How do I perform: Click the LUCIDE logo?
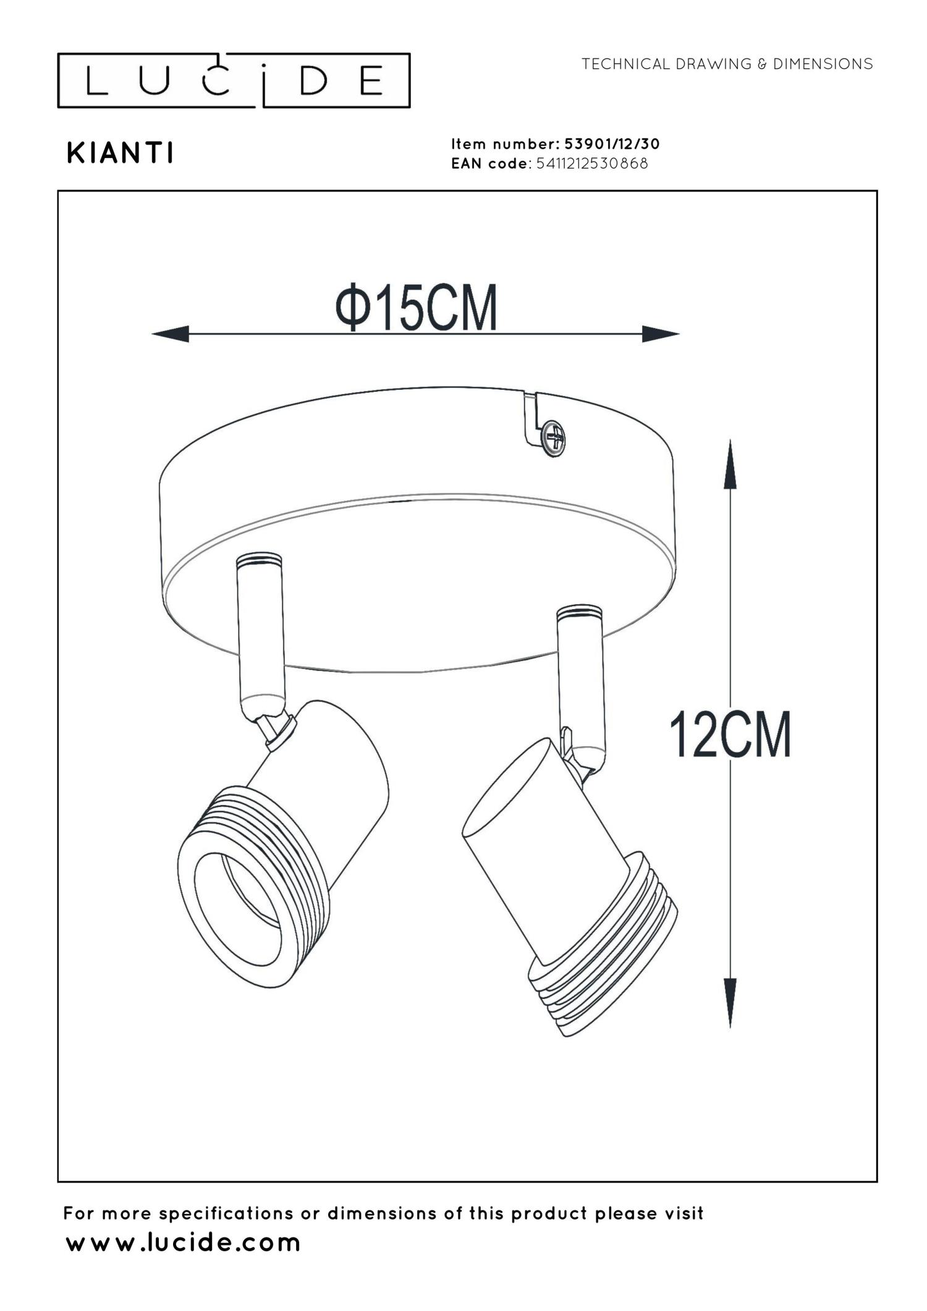(234, 80)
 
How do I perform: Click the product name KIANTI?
(120, 153)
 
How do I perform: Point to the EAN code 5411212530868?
(592, 164)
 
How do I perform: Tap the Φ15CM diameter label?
(416, 307)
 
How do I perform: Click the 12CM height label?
(730, 735)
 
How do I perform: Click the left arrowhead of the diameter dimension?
(170, 334)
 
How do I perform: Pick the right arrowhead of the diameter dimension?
(661, 334)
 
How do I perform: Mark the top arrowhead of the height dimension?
(730, 463)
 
